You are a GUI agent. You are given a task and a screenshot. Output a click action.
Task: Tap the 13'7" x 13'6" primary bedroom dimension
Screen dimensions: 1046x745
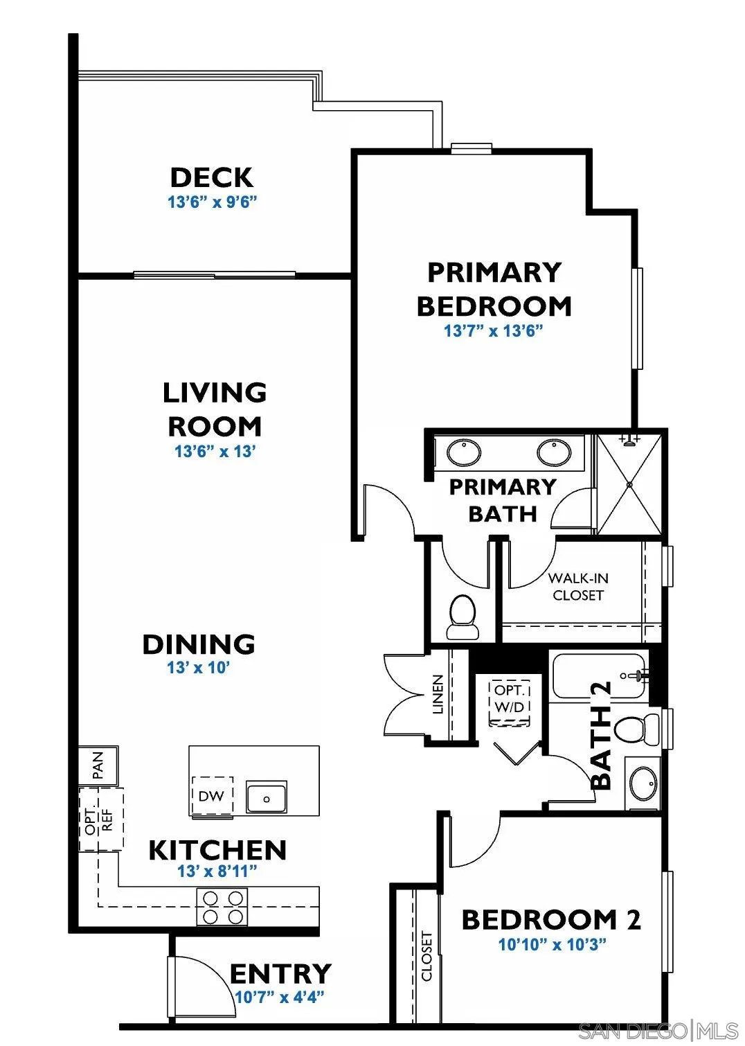[x=492, y=331]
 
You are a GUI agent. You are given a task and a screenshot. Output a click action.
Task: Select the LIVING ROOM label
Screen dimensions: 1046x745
[x=215, y=409]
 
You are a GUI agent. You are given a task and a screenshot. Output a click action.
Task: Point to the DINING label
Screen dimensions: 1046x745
[x=199, y=644]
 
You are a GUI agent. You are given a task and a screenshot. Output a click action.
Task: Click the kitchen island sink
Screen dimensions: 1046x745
[x=267, y=797]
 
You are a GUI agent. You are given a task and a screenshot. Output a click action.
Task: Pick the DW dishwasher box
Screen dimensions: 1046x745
[x=212, y=796]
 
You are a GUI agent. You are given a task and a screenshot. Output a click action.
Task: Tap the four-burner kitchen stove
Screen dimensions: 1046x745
[x=222, y=907]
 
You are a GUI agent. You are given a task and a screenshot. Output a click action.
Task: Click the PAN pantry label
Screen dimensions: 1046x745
[x=98, y=765]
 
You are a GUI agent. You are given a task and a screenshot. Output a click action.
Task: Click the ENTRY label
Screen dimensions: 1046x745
[x=280, y=973]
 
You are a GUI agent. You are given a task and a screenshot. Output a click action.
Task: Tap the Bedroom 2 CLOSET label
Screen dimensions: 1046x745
[x=427, y=956]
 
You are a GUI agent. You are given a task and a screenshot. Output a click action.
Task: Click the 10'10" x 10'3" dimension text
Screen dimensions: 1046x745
[x=552, y=944]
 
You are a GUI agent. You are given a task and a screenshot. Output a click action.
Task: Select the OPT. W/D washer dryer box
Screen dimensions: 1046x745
[x=510, y=700]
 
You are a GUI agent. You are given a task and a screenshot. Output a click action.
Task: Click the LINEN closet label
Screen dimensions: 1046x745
[x=438, y=695]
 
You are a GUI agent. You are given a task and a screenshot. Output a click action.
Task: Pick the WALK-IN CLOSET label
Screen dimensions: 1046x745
[x=578, y=587]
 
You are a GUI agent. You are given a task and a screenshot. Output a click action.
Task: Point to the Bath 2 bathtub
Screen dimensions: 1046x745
[x=599, y=675]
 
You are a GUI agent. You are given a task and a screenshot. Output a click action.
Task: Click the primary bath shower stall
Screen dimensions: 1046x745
[x=629, y=484]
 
